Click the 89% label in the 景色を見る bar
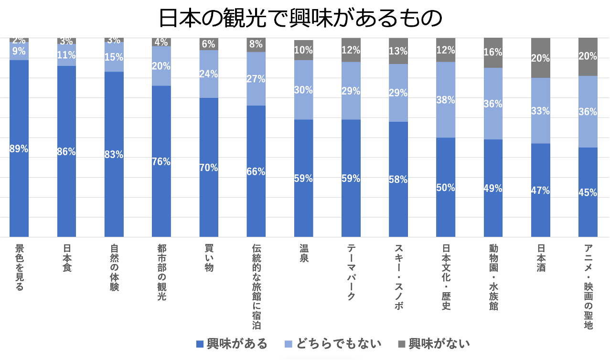(19, 148)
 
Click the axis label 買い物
(209, 258)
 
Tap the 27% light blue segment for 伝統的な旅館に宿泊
(256, 79)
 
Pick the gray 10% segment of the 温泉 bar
(304, 50)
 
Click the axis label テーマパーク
(351, 272)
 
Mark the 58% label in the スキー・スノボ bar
(398, 180)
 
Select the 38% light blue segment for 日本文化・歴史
(446, 100)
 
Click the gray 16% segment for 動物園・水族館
(493, 53)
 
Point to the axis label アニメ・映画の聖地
(588, 286)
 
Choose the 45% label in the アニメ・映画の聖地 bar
(588, 192)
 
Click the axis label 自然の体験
(114, 267)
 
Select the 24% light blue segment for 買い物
(209, 74)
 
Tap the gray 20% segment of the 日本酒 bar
(541, 58)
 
